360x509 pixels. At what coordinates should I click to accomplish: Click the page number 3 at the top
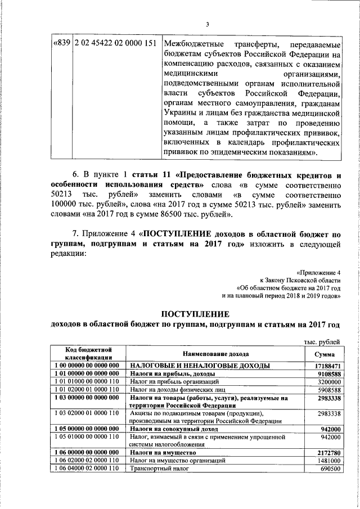(207, 23)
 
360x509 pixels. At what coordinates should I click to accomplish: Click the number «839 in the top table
(61, 44)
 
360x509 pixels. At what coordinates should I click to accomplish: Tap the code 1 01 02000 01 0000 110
(87, 389)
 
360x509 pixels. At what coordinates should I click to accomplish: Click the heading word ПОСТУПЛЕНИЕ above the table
(196, 313)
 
